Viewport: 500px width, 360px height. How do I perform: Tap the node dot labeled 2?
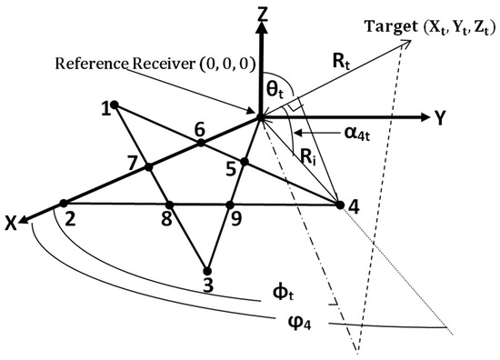coord(64,204)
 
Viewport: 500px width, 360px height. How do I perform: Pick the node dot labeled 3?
coord(207,270)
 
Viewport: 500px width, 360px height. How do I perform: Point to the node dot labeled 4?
coord(340,206)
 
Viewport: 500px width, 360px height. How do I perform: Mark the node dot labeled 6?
coord(201,143)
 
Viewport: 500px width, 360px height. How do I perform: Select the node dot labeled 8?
coord(168,205)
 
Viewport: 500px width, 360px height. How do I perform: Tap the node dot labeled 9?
coord(230,205)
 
